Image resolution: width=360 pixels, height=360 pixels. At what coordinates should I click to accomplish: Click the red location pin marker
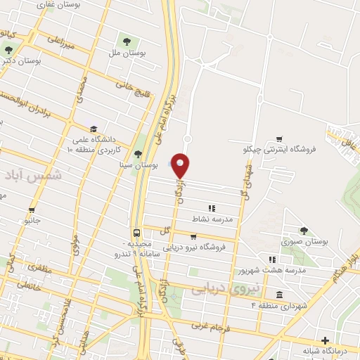click(x=181, y=165)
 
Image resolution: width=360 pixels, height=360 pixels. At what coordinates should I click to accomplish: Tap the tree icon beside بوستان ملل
click(x=128, y=39)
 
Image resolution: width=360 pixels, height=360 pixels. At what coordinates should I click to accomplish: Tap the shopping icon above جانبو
click(x=32, y=210)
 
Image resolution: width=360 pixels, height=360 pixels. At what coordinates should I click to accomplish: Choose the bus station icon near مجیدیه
click(x=136, y=233)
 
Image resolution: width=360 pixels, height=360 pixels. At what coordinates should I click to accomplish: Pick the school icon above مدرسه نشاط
click(x=212, y=208)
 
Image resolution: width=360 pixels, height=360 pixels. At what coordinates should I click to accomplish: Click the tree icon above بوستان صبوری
click(x=304, y=230)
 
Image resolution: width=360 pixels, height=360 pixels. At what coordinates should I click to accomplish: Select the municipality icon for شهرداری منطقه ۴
click(x=280, y=295)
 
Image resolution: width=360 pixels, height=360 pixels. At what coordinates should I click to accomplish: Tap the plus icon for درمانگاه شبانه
click(x=324, y=340)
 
